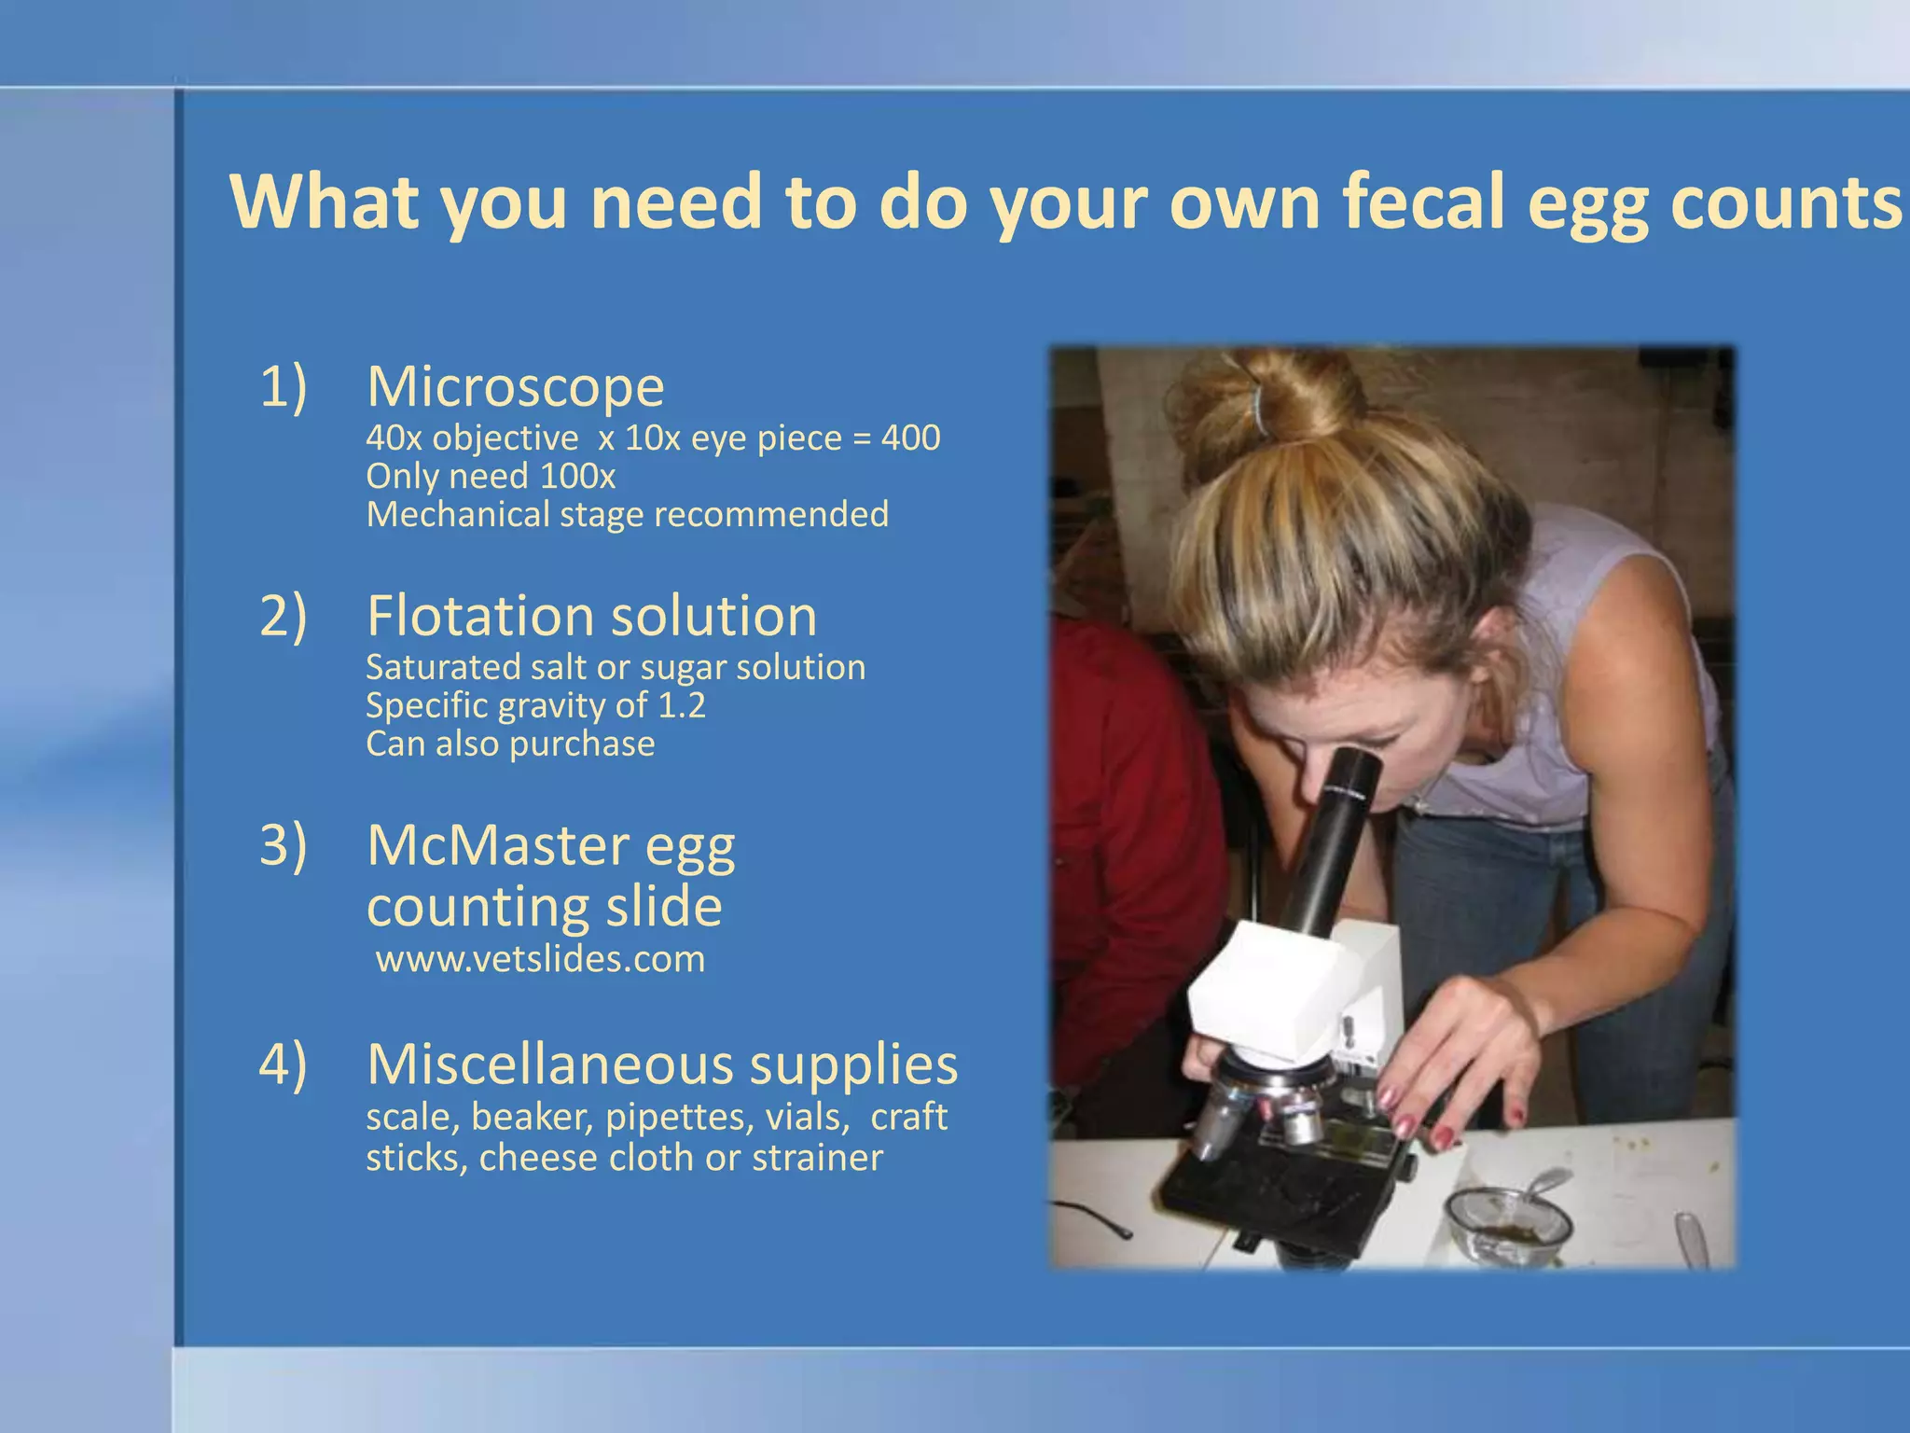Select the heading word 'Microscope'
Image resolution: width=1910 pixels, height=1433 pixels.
tap(515, 386)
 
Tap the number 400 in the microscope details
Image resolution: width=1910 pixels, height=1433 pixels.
tap(910, 438)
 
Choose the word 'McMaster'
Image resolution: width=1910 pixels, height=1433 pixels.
tap(498, 845)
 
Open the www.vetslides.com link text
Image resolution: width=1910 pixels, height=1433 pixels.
tap(540, 959)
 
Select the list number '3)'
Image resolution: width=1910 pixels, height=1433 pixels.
tap(283, 845)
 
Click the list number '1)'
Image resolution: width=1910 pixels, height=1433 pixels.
tap(283, 386)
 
